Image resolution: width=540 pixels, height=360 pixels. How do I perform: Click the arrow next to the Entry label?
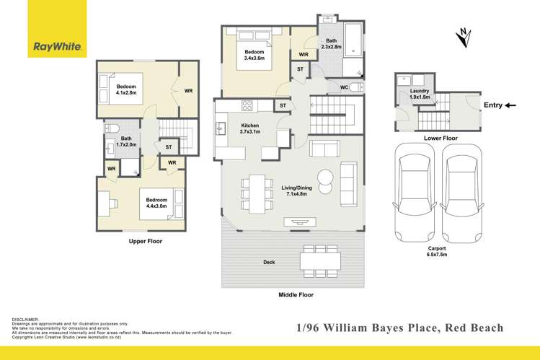click(x=510, y=105)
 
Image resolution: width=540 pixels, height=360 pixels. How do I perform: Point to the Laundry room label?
click(x=420, y=94)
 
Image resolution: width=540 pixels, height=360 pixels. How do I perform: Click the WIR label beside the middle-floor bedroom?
click(x=303, y=54)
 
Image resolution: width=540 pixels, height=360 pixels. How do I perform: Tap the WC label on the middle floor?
click(x=344, y=88)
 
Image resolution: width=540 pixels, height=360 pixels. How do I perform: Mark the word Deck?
click(x=269, y=262)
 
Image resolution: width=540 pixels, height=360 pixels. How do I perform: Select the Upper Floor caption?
click(x=146, y=241)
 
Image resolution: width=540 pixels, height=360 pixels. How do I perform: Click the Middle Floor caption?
click(x=296, y=294)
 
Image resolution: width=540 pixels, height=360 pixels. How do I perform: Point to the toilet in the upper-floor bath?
click(x=111, y=129)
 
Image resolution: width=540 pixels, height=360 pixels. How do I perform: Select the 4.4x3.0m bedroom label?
click(x=156, y=203)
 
